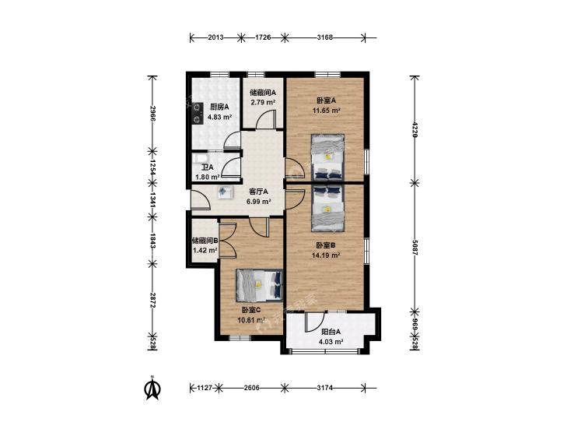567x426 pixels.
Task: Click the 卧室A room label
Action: point(327,100)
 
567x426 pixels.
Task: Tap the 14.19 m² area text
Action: point(326,255)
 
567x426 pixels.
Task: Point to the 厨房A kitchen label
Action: point(219,107)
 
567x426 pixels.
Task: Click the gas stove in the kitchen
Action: point(197,113)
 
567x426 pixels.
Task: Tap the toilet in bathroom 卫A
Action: point(200,159)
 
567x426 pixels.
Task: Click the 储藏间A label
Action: point(263,93)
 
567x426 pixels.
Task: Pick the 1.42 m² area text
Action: point(205,250)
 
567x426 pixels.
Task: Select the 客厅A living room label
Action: point(259,192)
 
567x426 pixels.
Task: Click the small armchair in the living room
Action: point(224,192)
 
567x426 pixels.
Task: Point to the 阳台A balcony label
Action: point(331,332)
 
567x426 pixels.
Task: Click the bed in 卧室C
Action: point(259,285)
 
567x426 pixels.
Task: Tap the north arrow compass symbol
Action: point(152,388)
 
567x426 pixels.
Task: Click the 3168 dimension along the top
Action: point(325,37)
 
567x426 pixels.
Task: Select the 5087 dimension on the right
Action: point(415,248)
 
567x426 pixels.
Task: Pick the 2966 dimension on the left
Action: point(152,114)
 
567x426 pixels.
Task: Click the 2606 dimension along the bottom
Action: point(252,388)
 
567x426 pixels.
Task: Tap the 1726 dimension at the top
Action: point(263,37)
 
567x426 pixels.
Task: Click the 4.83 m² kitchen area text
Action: point(219,117)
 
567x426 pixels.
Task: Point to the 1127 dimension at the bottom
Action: point(205,388)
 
